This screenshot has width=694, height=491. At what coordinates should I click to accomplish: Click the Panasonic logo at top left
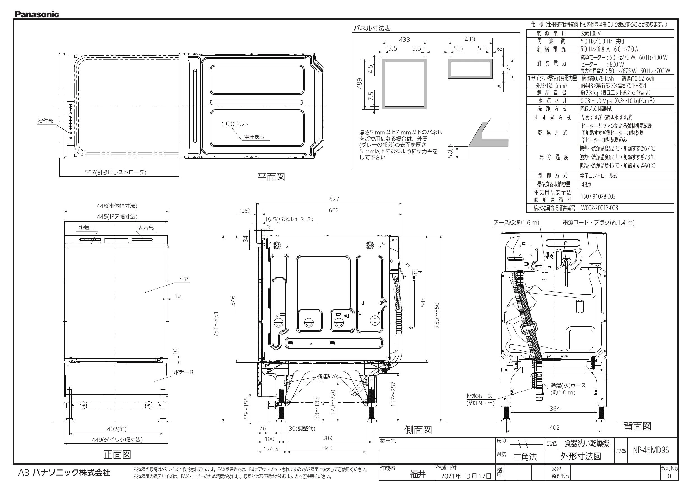37,14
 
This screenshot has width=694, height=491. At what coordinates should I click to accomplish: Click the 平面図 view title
271,177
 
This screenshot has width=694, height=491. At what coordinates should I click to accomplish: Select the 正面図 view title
117,454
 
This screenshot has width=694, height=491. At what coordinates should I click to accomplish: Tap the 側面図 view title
418,430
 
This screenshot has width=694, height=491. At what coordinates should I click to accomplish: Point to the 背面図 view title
637,426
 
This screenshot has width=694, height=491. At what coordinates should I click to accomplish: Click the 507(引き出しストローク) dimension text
116,172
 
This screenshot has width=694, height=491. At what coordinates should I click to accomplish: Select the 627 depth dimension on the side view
334,199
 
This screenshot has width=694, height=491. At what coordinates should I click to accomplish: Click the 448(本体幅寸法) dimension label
117,206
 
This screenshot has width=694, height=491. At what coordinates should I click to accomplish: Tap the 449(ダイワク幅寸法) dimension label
117,439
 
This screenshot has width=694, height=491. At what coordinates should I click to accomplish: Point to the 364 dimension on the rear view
555,409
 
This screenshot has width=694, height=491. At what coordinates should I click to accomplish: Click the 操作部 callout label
45,121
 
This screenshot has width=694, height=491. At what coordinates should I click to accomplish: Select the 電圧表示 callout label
254,137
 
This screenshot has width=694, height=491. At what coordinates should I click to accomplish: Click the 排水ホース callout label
479,396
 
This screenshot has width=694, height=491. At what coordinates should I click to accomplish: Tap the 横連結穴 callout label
327,377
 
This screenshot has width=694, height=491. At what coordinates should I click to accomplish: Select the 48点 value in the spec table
586,184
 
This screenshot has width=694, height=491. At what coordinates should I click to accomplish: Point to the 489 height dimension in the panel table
359,84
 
